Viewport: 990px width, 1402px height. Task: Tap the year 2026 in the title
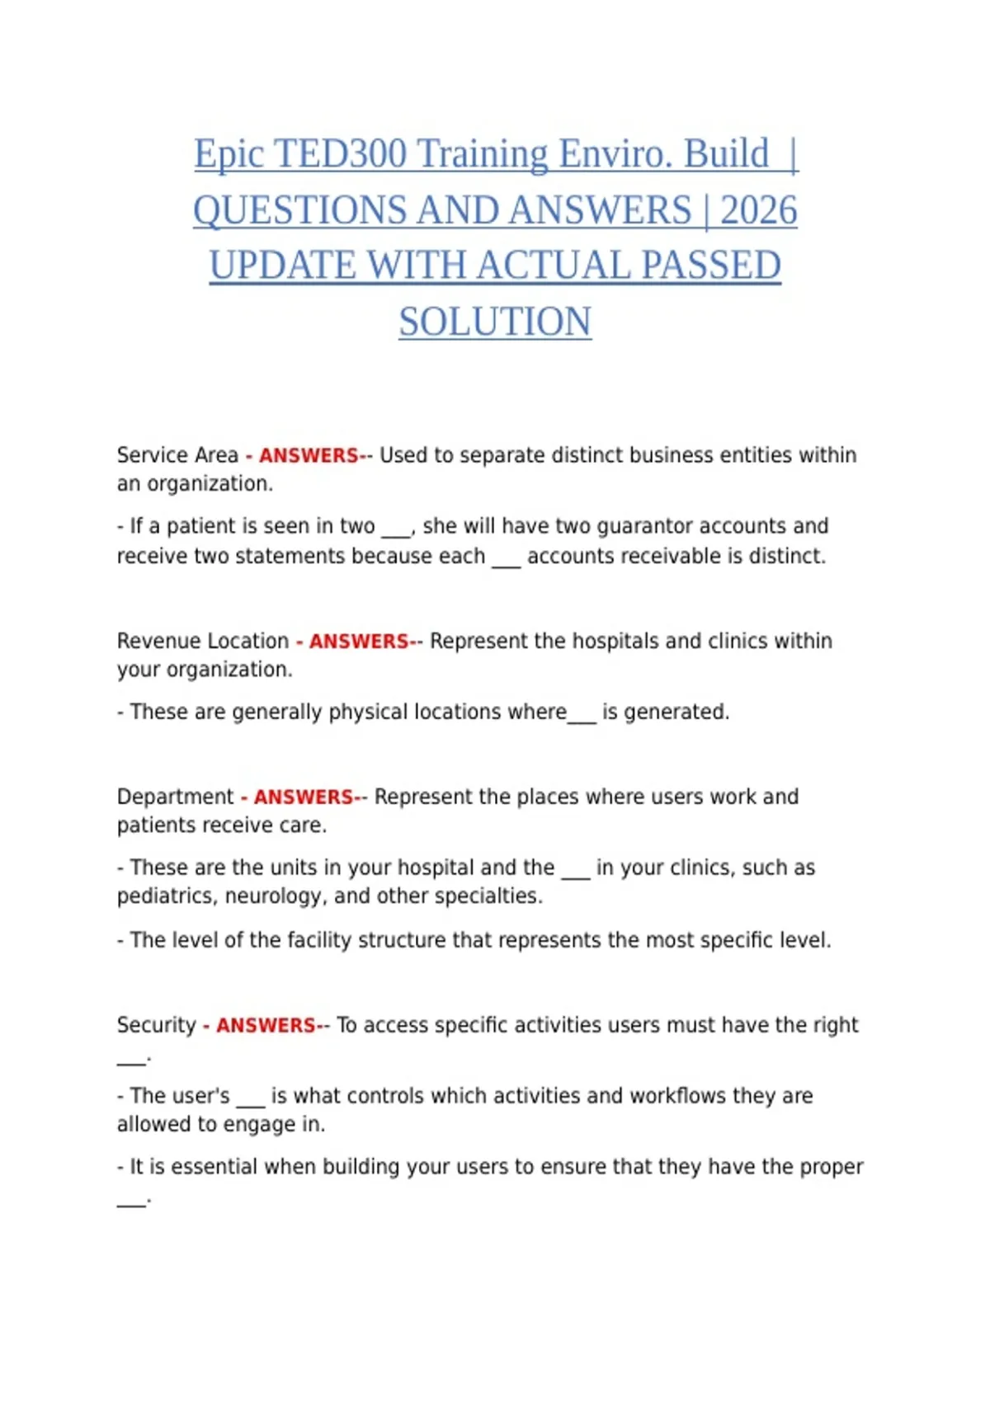click(758, 210)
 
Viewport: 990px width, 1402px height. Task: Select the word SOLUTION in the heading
click(495, 322)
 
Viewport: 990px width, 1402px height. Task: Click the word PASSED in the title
click(711, 266)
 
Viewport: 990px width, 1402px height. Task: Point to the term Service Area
click(177, 455)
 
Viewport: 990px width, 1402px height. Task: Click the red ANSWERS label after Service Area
click(309, 455)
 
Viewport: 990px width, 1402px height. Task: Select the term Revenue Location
click(203, 641)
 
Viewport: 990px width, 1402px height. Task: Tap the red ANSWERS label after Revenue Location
click(359, 641)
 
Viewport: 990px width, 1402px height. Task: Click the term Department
click(176, 797)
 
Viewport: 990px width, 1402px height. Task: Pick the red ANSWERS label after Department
click(304, 797)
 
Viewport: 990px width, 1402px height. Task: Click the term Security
click(157, 1025)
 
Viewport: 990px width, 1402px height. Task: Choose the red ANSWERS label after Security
click(266, 1025)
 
